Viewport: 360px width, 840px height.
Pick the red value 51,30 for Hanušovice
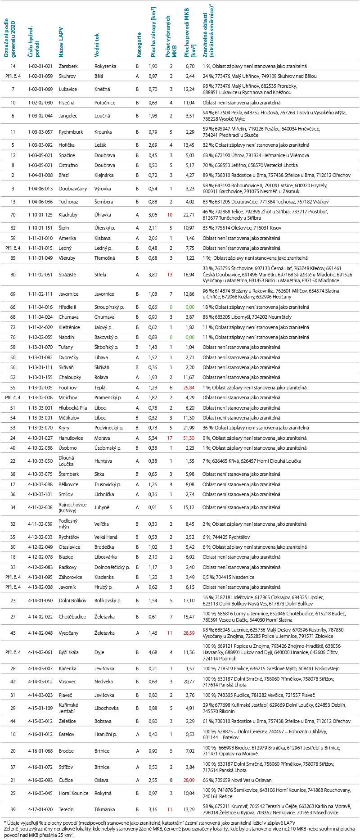189,438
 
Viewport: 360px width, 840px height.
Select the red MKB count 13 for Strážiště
170,275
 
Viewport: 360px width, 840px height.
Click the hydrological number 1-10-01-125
40,215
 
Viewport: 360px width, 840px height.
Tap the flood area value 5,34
153,438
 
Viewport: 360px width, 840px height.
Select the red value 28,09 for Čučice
189,780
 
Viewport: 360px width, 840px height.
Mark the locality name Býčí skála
69,652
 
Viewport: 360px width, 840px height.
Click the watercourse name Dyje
99,652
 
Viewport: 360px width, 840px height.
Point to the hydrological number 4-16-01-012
40,734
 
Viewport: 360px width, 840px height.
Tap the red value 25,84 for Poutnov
189,388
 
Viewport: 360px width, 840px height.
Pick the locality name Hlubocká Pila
73,408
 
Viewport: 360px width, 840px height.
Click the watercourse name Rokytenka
105,66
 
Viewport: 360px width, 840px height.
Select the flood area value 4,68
153,652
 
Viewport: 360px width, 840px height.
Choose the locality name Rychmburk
71,132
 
